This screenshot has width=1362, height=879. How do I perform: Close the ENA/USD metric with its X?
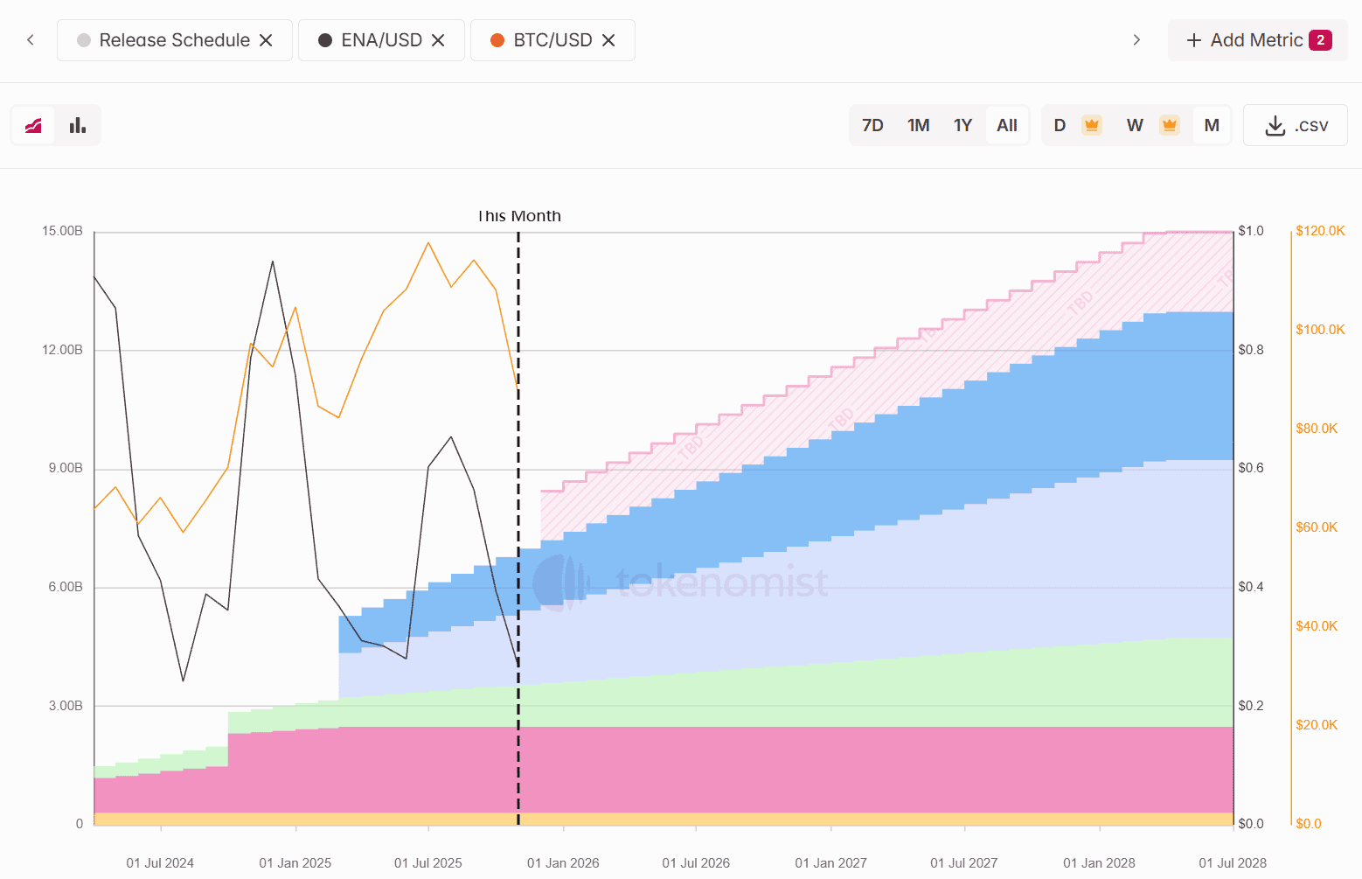(439, 40)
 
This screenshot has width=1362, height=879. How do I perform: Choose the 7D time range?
(872, 125)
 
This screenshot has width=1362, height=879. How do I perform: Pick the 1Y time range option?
(962, 125)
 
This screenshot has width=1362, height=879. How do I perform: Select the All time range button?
(1007, 125)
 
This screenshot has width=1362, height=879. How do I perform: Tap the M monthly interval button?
(1212, 125)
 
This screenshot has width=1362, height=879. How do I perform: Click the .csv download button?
(1296, 125)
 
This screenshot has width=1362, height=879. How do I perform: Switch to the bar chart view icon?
(78, 125)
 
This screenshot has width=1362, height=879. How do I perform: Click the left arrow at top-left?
(31, 40)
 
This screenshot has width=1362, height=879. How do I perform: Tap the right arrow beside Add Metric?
(1136, 40)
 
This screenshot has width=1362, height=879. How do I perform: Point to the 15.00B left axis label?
(62, 231)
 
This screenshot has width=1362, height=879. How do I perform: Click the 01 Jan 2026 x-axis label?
(563, 863)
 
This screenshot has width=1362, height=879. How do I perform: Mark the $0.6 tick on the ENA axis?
(1251, 468)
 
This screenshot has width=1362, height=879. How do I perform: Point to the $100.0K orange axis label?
(1320, 330)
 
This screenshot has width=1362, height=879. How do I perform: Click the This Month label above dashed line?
(519, 216)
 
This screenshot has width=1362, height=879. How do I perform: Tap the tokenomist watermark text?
(722, 582)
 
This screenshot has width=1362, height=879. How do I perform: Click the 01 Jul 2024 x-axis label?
(160, 863)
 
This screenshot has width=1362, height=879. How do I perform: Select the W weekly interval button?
(1135, 125)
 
